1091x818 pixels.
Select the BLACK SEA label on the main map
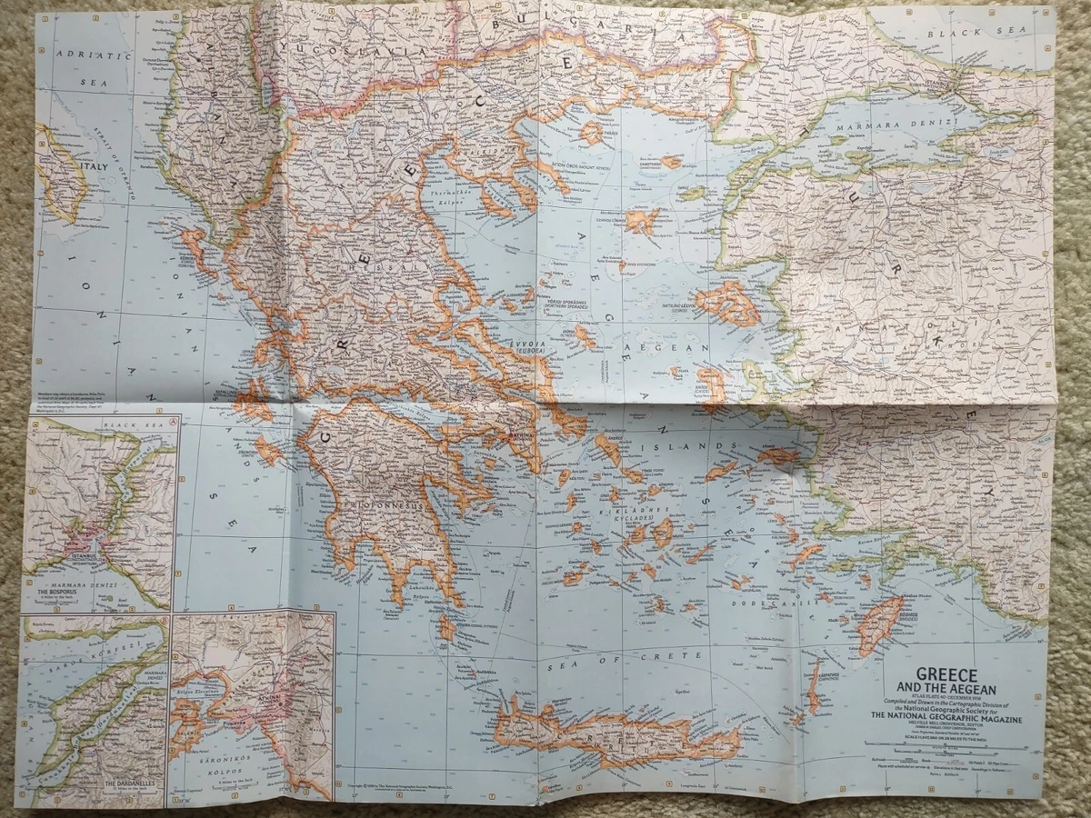(x=967, y=34)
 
